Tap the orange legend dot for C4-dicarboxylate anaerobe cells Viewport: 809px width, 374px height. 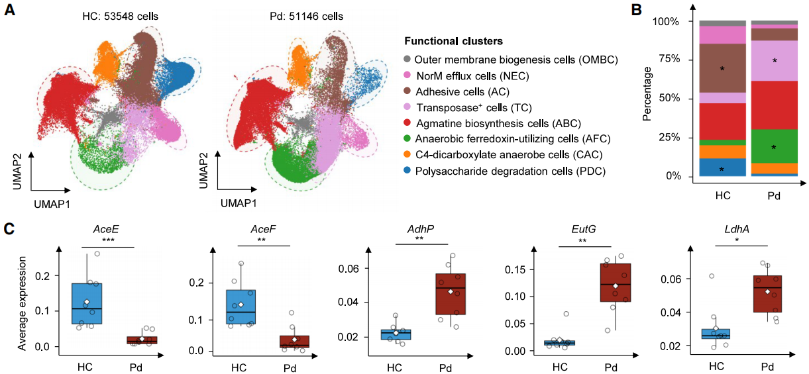(x=407, y=155)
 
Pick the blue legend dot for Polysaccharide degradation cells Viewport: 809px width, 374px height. (x=407, y=171)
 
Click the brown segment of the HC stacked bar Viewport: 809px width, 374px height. (x=722, y=68)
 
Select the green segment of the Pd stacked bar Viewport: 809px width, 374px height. (x=774, y=146)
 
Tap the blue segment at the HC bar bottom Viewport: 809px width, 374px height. (x=722, y=167)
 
